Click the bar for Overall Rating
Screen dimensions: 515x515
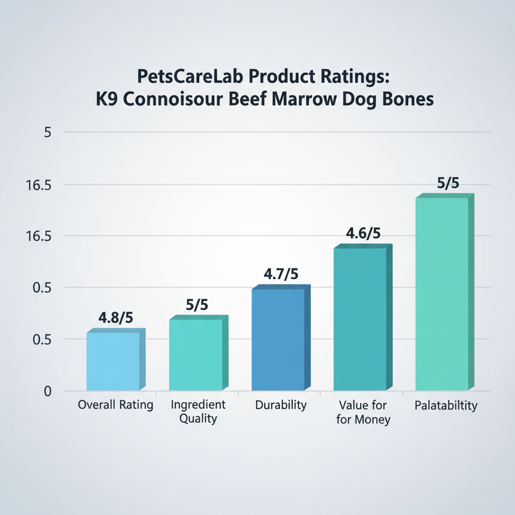[x=113, y=361]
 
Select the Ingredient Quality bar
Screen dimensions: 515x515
[x=196, y=355]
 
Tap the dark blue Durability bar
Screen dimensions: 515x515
[x=278, y=339]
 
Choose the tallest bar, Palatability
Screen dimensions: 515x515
[x=443, y=294]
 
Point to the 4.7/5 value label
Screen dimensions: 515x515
[x=281, y=275]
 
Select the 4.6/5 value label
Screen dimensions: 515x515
[x=363, y=234]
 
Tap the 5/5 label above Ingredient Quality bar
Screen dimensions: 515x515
[x=197, y=306]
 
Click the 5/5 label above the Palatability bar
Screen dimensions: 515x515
[x=448, y=184]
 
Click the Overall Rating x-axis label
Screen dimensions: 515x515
[x=116, y=405]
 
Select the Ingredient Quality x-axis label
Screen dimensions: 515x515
[x=198, y=411]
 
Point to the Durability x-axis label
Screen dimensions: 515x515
[x=280, y=405]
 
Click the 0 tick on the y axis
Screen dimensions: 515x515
[x=47, y=391]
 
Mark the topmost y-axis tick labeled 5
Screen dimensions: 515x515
[x=48, y=133]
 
